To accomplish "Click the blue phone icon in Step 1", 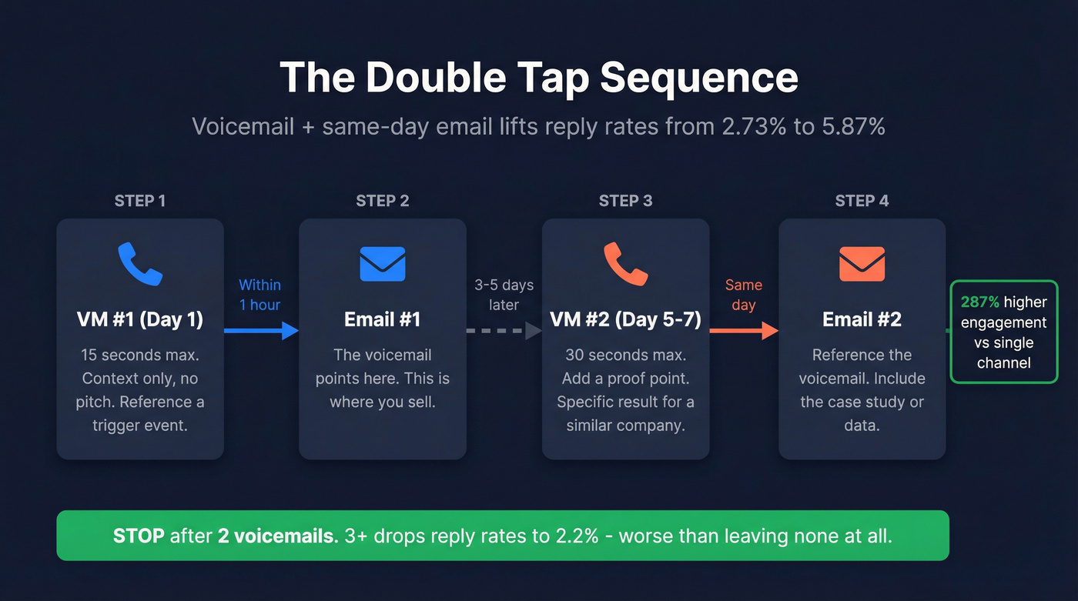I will (x=140, y=264).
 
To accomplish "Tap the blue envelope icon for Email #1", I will (x=383, y=264).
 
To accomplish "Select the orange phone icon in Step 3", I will (x=625, y=264).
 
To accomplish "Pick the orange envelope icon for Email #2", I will (x=862, y=264).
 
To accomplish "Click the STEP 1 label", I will (x=140, y=201).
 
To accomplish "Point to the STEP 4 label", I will (x=862, y=201).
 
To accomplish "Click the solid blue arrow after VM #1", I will (x=261, y=331).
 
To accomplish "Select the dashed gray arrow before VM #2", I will (x=504, y=331).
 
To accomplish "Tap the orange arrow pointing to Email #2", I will (x=744, y=331).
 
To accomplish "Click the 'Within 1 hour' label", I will (x=260, y=295).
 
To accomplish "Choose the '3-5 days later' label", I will (x=504, y=295).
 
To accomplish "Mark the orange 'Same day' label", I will (x=744, y=295).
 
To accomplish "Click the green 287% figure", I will (x=979, y=302).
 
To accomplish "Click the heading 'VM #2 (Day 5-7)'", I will (x=625, y=319).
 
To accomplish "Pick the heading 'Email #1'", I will (x=383, y=319).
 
